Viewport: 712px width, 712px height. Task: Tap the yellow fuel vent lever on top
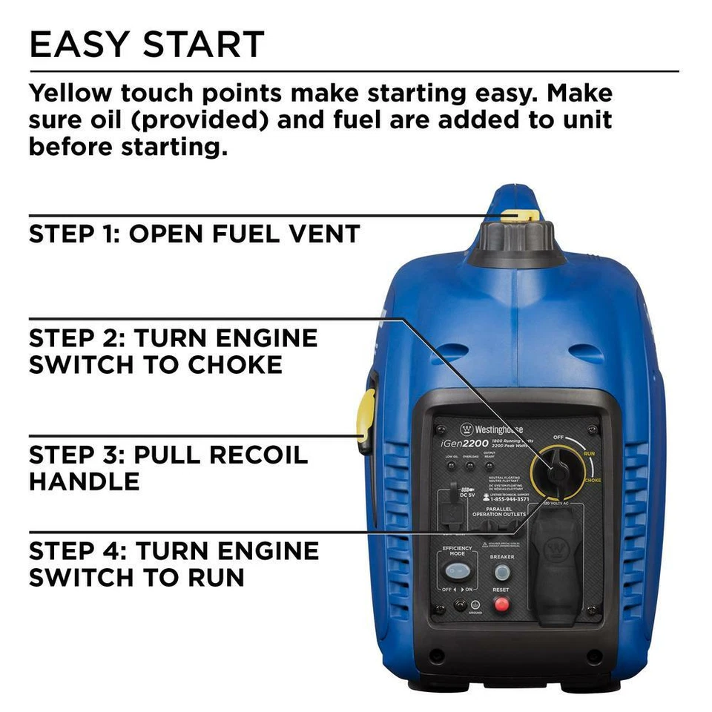[x=517, y=216]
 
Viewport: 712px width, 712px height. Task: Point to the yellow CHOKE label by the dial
[x=592, y=481]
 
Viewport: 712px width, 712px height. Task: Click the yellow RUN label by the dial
[x=590, y=452]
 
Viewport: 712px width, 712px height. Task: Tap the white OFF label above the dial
[x=559, y=438]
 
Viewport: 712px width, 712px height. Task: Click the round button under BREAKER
[x=502, y=573]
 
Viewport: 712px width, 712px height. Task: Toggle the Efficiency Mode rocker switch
[x=457, y=573]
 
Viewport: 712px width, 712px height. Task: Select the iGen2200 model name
[x=466, y=444]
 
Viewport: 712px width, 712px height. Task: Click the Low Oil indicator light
[x=451, y=466]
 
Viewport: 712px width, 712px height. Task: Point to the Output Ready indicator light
[x=489, y=466]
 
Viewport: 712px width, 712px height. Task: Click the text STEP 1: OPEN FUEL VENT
[x=194, y=234]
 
